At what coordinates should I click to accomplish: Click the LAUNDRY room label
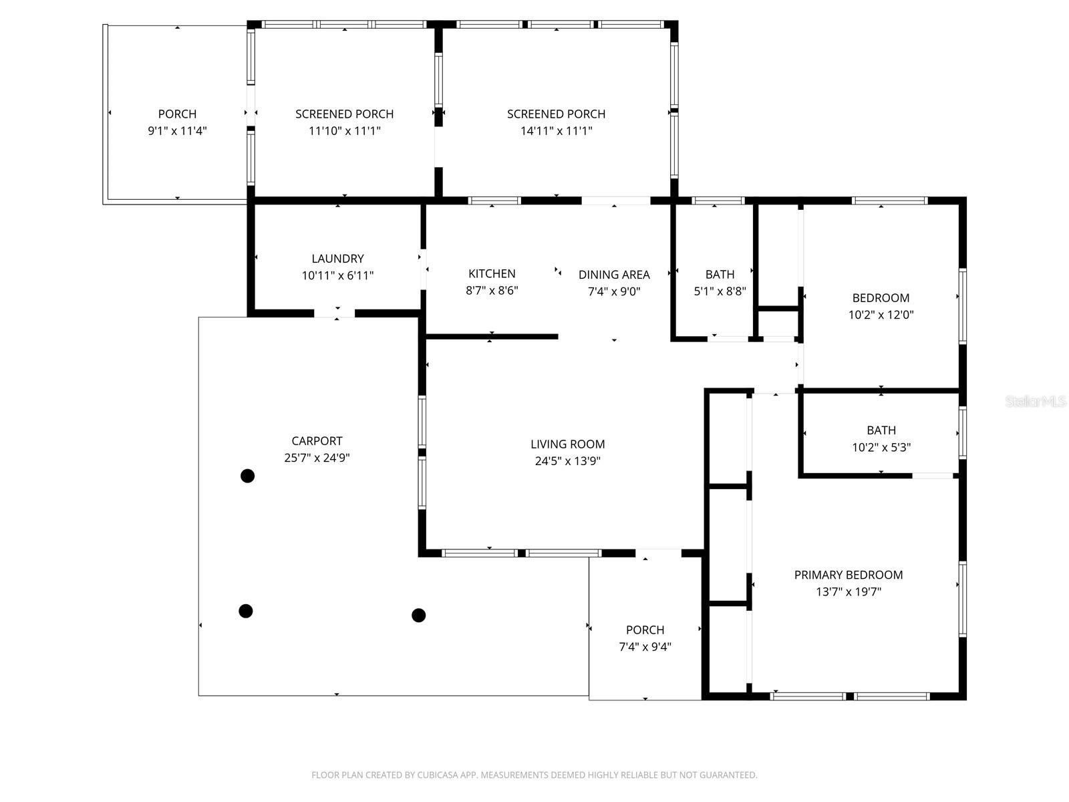337,259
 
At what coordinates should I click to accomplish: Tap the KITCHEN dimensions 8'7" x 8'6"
492,291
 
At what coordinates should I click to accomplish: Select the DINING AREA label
613,275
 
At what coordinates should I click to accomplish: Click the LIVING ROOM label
567,444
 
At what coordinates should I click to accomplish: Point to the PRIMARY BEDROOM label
848,575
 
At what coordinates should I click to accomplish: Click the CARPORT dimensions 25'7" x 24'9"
317,458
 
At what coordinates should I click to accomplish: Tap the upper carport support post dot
247,476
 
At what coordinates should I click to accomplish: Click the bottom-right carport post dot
418,615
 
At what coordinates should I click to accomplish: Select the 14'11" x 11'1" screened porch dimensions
556,131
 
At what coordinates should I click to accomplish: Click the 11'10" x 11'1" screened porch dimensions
344,131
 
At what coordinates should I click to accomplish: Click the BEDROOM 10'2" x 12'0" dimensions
881,315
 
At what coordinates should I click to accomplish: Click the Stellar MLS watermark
1036,402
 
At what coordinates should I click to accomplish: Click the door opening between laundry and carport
335,313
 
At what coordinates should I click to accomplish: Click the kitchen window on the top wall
494,200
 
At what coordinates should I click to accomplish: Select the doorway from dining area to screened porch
615,200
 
